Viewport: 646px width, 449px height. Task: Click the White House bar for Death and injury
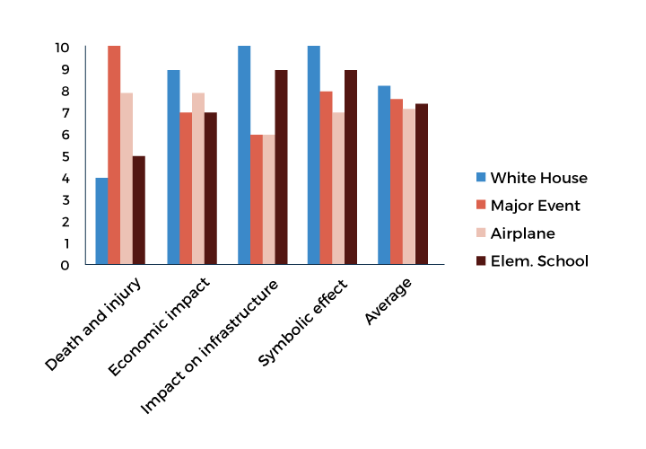click(x=101, y=221)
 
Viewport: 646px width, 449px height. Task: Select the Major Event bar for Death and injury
click(x=114, y=154)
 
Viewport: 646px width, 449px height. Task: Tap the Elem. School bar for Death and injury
click(x=139, y=210)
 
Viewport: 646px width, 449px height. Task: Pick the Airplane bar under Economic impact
click(x=198, y=179)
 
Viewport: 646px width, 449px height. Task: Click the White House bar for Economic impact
click(x=173, y=167)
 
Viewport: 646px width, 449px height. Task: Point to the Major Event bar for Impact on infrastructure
click(x=257, y=199)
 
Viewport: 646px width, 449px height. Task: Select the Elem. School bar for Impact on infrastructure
click(x=281, y=167)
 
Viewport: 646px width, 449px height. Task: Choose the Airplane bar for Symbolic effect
click(x=338, y=189)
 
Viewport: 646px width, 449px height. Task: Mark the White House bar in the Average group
click(x=384, y=175)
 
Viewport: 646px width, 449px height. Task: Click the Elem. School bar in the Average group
click(x=422, y=184)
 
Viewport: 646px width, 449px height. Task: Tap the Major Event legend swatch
click(x=480, y=206)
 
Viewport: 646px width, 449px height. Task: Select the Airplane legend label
click(x=523, y=233)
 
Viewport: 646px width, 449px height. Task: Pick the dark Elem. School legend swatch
click(x=480, y=261)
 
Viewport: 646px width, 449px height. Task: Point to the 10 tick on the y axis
click(x=62, y=47)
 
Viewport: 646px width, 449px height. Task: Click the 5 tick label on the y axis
click(x=65, y=156)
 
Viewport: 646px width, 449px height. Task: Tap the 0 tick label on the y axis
click(x=65, y=265)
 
